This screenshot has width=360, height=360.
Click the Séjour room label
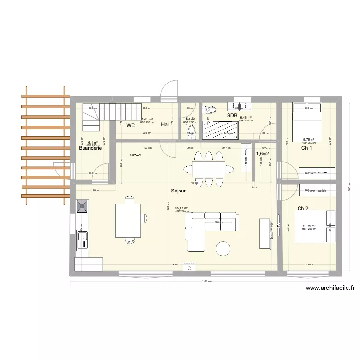(x=179, y=191)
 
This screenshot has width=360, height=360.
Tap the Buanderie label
(x=91, y=149)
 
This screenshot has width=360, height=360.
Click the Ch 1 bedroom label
(x=307, y=148)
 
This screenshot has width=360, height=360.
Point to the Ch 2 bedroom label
(x=303, y=208)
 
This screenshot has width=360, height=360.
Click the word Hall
(x=166, y=124)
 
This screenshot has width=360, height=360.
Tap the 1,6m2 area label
(x=263, y=154)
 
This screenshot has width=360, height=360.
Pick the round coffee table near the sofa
(x=223, y=248)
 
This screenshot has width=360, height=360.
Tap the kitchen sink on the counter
(x=82, y=240)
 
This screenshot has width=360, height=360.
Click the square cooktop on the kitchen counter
(x=82, y=207)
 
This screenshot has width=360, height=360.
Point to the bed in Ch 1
(x=307, y=120)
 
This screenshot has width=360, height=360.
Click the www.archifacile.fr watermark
(x=330, y=288)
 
